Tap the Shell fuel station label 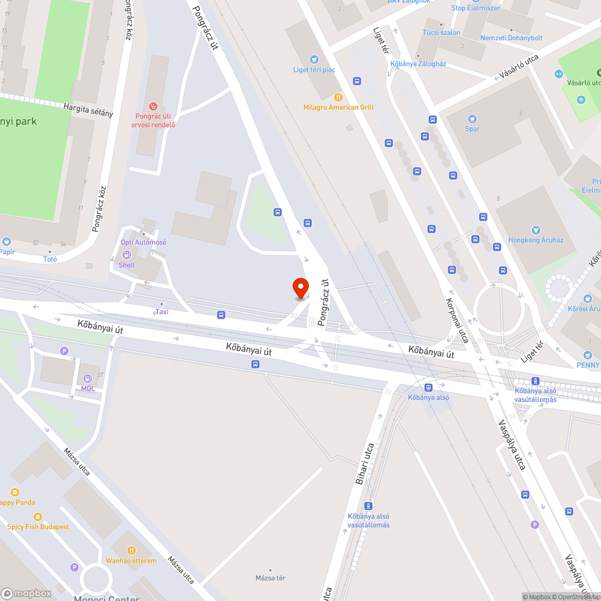[127, 265]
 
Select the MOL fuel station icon [88, 379]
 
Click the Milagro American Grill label [338, 107]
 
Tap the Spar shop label [472, 129]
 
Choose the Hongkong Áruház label [535, 240]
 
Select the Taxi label [162, 311]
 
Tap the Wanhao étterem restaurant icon [132, 550]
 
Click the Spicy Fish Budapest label [38, 526]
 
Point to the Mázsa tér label [270, 578]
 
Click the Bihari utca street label [364, 464]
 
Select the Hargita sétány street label [88, 109]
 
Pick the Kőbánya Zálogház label [418, 64]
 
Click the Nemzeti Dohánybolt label [511, 38]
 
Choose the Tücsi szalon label [441, 32]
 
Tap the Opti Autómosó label [143, 242]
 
